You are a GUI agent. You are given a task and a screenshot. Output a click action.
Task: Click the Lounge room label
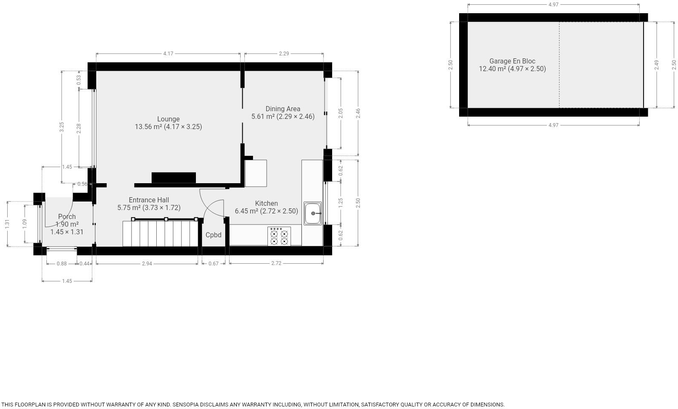[x=168, y=119]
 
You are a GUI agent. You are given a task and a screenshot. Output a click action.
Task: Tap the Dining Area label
[x=283, y=109]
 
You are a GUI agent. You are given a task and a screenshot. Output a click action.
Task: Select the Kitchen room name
[x=266, y=204]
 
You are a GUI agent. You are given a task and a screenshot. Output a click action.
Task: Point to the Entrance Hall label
[x=149, y=200]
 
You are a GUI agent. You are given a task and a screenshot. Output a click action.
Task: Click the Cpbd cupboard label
[x=213, y=235]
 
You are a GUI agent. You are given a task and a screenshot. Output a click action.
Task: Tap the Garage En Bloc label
[x=512, y=61]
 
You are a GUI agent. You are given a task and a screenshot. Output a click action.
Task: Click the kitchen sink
[x=313, y=213]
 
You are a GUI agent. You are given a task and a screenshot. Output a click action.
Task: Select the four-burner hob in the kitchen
[x=279, y=236]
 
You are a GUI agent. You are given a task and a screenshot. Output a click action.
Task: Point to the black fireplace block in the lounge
[x=173, y=177]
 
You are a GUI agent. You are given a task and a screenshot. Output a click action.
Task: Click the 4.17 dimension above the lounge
[x=168, y=54]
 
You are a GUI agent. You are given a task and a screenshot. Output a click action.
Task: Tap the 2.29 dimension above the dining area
[x=284, y=54]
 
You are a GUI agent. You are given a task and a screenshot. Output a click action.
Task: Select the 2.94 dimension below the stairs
[x=147, y=264]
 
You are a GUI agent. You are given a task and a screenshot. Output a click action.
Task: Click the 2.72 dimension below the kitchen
[x=276, y=263]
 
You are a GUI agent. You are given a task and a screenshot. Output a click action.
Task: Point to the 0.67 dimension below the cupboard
[x=213, y=264]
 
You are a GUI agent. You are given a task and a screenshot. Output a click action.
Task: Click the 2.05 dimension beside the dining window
[x=340, y=113]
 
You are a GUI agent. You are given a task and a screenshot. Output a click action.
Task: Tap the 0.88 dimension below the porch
[x=62, y=264]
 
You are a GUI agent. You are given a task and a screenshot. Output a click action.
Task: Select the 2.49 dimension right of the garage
[x=657, y=65]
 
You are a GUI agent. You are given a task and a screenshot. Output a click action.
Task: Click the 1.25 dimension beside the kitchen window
[x=340, y=202]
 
